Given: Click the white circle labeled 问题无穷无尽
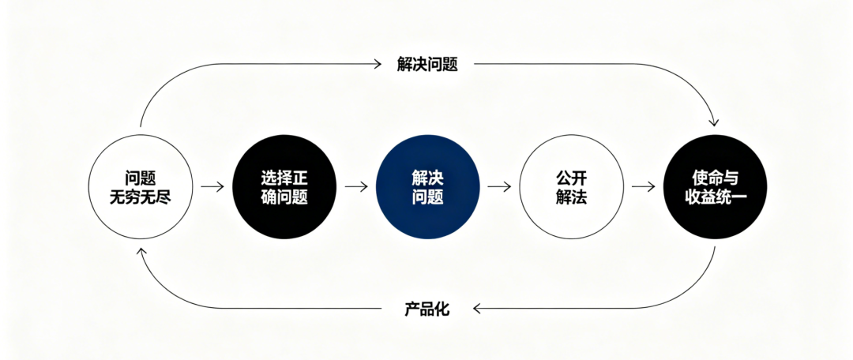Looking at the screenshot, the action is coord(140,187).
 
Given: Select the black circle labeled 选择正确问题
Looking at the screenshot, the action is coord(284,187).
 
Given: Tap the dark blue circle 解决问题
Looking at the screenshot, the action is coord(427,187).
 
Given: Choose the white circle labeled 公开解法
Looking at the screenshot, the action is coord(570,187).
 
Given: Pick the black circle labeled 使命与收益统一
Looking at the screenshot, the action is coord(715,187).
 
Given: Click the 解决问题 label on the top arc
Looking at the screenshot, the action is coord(427,64).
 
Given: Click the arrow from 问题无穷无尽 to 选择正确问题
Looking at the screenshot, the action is coord(212,187).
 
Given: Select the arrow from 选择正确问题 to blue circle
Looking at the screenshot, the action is coord(356,187).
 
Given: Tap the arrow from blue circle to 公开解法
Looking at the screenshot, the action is coord(499,187).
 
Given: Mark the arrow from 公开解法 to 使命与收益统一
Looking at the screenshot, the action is coord(643,187).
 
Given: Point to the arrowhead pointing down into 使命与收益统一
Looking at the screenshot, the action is coord(714,122).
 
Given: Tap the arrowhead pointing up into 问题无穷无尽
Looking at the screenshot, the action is coord(140,252).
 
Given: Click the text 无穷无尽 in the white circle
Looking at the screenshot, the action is coord(140,197).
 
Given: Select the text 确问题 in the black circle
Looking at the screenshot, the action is coord(284,197).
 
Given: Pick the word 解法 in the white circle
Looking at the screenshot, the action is coord(570,197).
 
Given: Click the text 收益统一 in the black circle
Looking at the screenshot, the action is coord(715,197).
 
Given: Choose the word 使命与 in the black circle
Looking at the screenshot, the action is coord(715,177).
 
